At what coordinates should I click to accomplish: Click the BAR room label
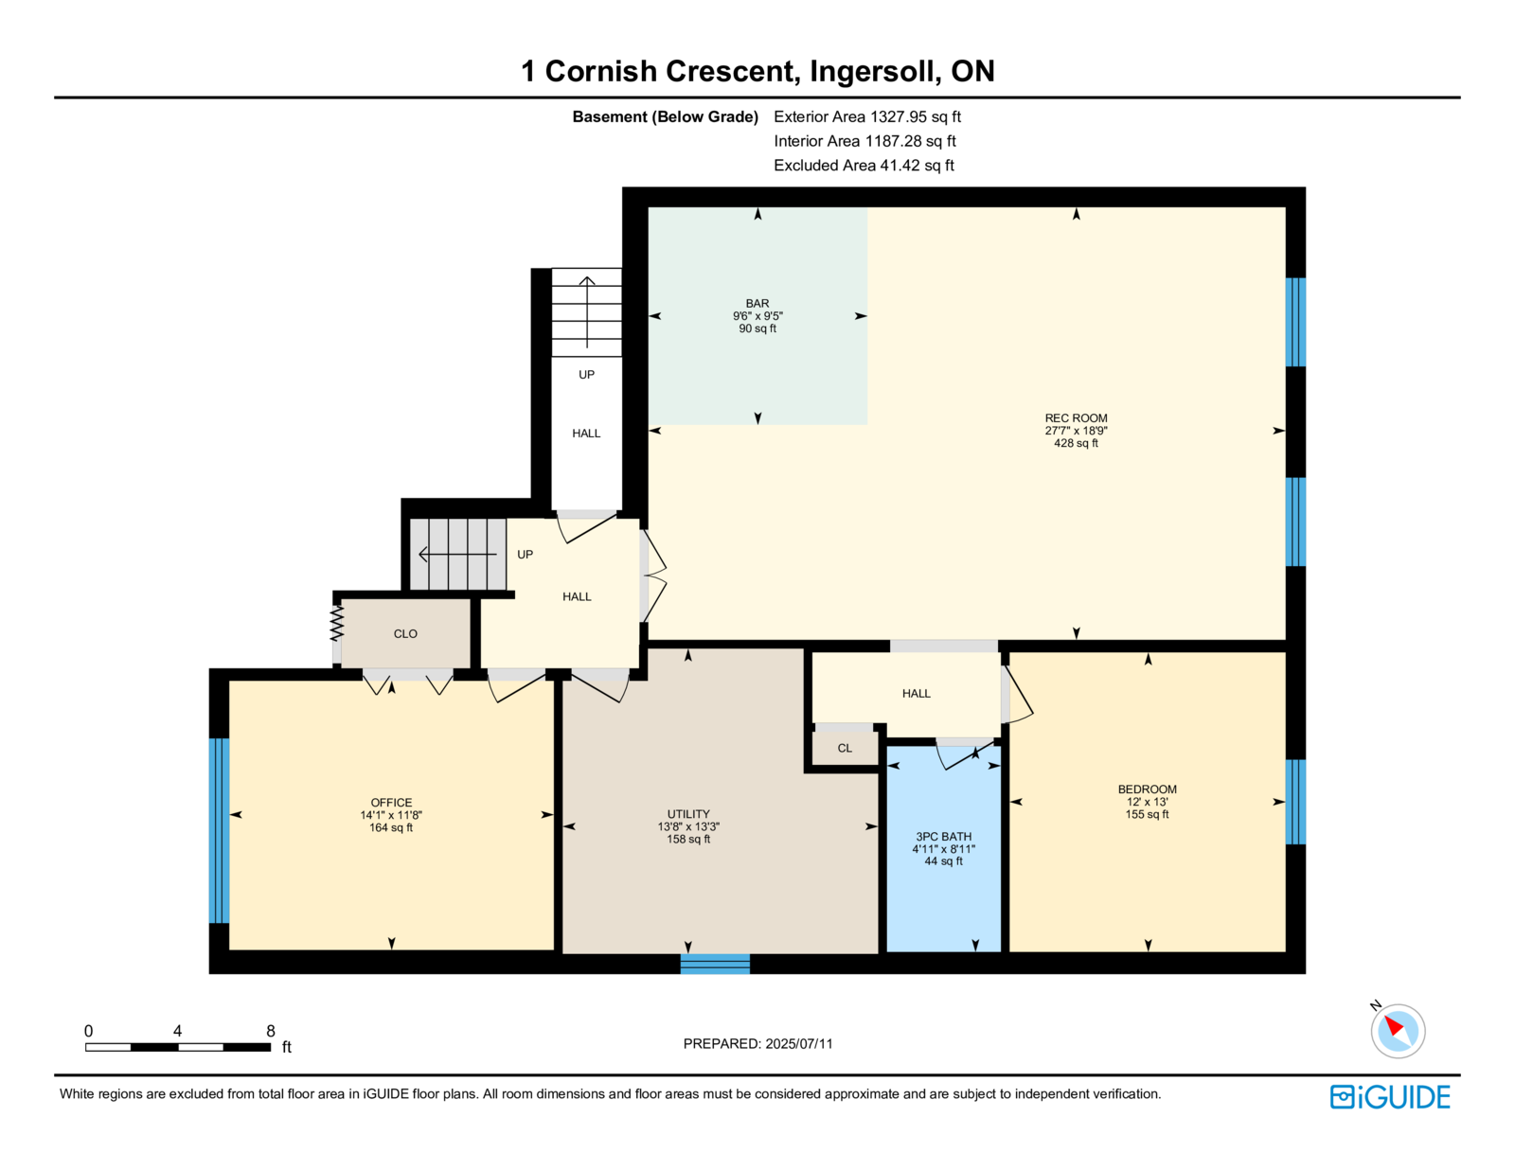[757, 304]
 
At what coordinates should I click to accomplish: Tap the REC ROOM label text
[1076, 418]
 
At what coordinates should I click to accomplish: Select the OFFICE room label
[391, 803]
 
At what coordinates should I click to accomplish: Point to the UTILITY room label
[688, 814]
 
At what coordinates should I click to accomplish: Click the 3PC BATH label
[943, 836]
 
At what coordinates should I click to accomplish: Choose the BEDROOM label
[1147, 789]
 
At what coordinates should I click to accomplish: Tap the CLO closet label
[405, 634]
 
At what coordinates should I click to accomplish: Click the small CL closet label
[845, 749]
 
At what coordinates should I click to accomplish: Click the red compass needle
[1394, 1026]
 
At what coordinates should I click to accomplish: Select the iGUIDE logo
[1389, 1097]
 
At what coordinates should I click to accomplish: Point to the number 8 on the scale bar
[271, 1031]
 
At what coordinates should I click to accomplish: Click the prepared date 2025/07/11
[799, 1044]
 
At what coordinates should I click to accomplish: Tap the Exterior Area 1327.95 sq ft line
[867, 117]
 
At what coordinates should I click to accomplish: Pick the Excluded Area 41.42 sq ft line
[864, 166]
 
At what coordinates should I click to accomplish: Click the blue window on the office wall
[219, 830]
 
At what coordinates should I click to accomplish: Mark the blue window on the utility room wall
[715, 964]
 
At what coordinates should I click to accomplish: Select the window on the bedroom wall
[1295, 802]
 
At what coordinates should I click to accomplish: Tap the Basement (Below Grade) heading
[665, 117]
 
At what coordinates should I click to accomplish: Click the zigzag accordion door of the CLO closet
[337, 623]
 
